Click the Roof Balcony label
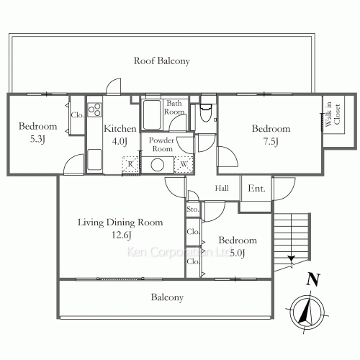[162, 61]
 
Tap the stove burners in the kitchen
[94, 109]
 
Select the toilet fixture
[206, 113]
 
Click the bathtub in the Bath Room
[152, 114]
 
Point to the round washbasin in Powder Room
[158, 165]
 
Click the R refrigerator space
[130, 164]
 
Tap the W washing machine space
[184, 164]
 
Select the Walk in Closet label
[333, 114]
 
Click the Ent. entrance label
[256, 189]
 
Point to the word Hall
[222, 188]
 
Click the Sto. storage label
[193, 210]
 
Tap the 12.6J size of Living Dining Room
[122, 235]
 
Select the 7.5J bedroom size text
[271, 142]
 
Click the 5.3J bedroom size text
[37, 139]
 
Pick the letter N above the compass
[313, 279]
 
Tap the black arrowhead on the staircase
[291, 258]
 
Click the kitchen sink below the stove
[94, 159]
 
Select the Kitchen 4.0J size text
[120, 142]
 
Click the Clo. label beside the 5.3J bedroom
[77, 115]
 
